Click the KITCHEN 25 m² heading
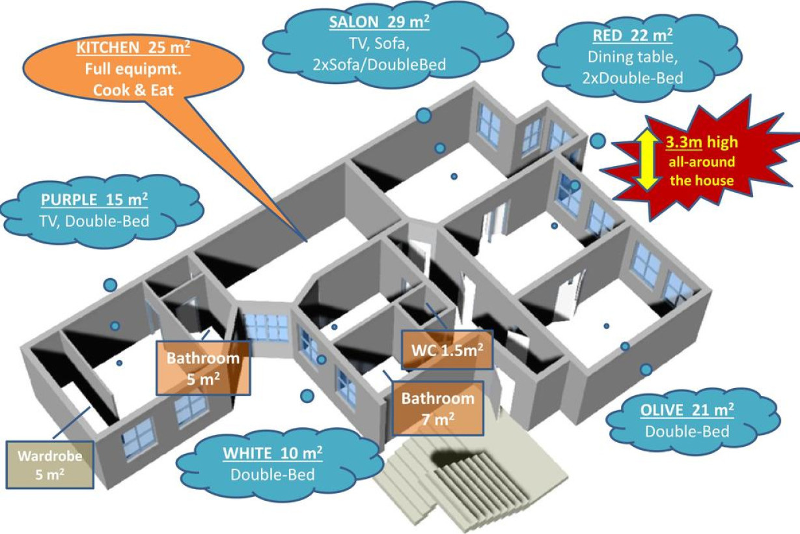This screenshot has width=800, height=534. [133, 48]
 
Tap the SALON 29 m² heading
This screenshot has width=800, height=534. [379, 23]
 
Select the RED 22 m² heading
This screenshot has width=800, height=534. [633, 36]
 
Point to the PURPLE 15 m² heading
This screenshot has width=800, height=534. [94, 200]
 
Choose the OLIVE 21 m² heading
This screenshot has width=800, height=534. [687, 410]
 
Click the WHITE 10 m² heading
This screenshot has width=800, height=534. [273, 453]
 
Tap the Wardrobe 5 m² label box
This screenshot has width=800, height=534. [50, 465]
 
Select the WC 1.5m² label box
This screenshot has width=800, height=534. [447, 350]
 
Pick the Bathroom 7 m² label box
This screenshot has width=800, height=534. [438, 408]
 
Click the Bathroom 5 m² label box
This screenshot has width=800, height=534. [203, 368]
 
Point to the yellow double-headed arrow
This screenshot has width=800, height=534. [647, 160]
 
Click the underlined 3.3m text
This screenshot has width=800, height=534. [683, 142]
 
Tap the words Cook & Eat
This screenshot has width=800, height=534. [133, 91]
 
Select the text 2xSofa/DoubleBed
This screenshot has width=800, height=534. [379, 65]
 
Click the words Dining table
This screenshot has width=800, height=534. [633, 57]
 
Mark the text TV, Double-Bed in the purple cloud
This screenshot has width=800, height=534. [94, 221]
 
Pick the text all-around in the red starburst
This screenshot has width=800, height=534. [702, 162]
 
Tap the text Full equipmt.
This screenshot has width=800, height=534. [133, 69]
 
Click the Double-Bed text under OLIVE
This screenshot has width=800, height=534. [687, 432]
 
